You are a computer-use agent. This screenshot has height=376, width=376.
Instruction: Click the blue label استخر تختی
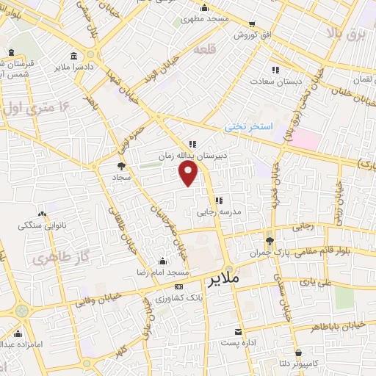248,127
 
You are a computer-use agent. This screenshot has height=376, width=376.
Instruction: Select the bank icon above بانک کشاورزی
178,286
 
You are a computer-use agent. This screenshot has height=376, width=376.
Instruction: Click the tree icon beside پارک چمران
270,240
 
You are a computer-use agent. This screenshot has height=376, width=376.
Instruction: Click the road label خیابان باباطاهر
344,324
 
